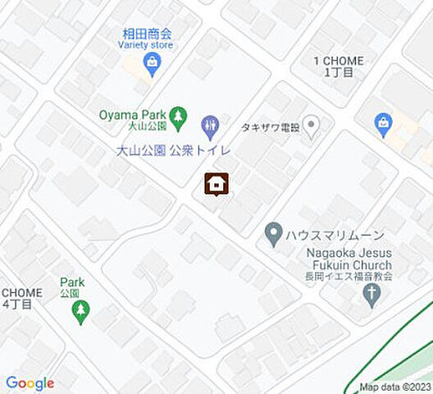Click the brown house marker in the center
point(216,185)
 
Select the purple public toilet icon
point(210,126)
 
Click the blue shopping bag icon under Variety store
point(152,64)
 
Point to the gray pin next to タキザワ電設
point(310,126)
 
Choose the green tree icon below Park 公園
point(80,309)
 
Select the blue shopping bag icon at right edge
point(383,124)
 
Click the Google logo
point(30,383)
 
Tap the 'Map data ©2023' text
point(395,387)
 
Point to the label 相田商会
point(147,34)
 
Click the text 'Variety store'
point(147,45)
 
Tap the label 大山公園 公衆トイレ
point(173,150)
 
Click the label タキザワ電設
point(270,126)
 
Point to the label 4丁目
point(17,304)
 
